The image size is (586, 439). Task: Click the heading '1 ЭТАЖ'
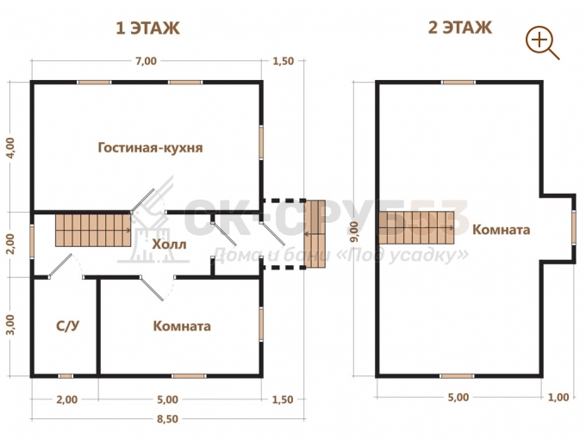pos(147,28)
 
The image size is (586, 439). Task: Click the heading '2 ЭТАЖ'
pos(459,28)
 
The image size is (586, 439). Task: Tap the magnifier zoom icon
pos(542,42)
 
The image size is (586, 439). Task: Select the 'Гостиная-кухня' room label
pos(150,148)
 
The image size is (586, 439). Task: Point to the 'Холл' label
pos(169,244)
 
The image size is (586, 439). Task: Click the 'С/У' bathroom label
pos(67,326)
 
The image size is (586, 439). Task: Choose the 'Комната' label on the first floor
pos(182,326)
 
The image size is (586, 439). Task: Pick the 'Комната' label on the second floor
pos(502,230)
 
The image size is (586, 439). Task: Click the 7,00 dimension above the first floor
pos(146,61)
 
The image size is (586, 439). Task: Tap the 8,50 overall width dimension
pos(167,419)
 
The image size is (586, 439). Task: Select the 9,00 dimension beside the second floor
pos(354,232)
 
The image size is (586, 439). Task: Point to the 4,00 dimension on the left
pos(10,148)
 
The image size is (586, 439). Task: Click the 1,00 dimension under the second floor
pos(558,397)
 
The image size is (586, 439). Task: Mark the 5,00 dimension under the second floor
pos(458,397)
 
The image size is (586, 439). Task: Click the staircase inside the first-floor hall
pos(93,230)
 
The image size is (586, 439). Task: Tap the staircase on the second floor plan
pos(416,227)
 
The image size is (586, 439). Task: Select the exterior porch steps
pos(315,234)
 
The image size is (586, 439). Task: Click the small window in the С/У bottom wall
pos(65,376)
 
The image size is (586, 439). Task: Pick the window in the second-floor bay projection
pos(574,228)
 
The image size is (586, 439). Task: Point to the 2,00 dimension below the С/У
pos(67,399)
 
